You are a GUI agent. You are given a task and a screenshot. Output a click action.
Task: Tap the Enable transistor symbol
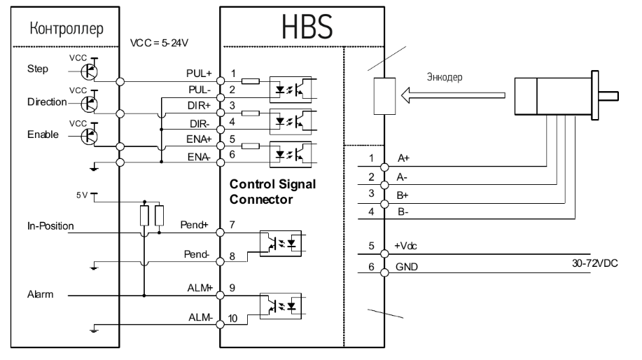[x=90, y=135]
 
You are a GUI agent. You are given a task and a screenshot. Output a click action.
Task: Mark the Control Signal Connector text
[x=273, y=191]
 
